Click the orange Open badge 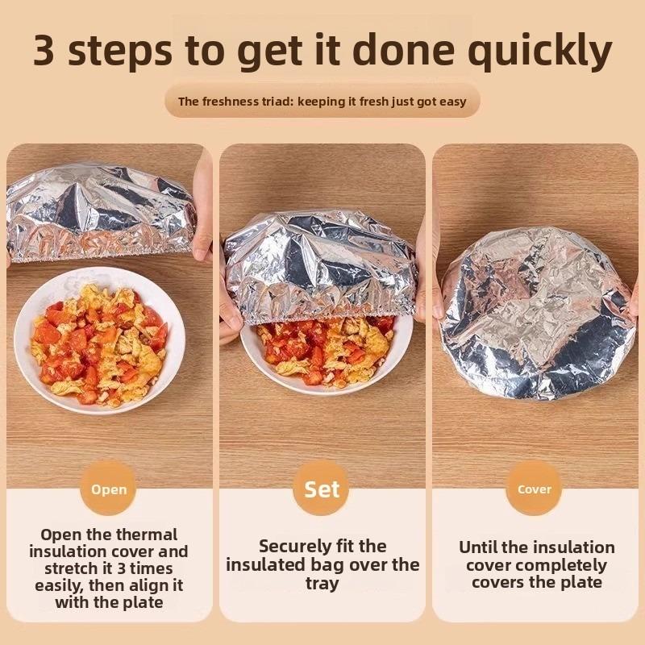coord(108,489)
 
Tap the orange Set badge coord(322,489)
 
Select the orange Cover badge coord(534,489)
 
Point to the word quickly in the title coord(540,52)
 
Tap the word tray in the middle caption coord(322,582)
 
